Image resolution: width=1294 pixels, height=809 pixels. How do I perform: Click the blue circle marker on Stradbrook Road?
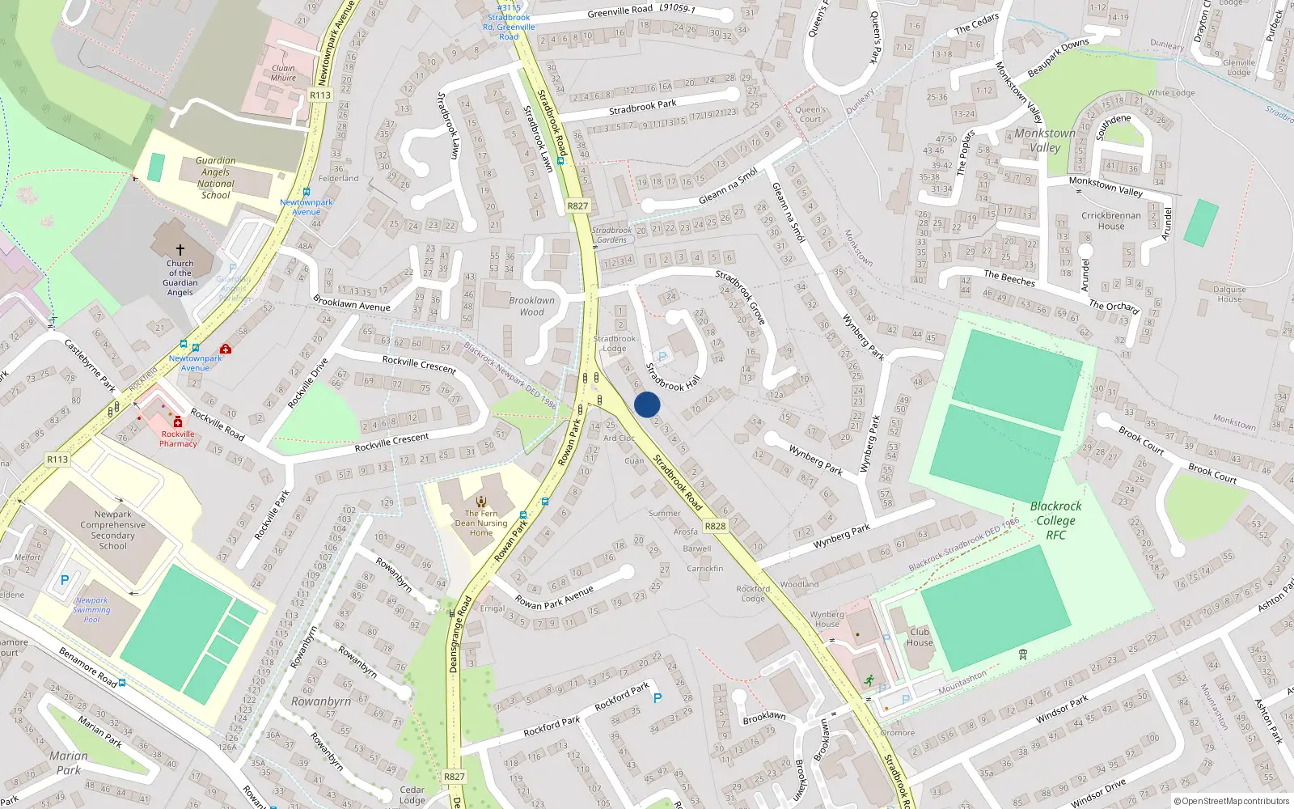[647, 404]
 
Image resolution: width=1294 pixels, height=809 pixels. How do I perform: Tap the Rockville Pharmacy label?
[178, 438]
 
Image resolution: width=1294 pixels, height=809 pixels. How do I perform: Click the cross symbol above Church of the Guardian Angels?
[180, 250]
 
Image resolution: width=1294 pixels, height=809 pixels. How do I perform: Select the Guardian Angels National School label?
[216, 178]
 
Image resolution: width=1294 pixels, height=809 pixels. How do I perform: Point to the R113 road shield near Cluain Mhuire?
[320, 95]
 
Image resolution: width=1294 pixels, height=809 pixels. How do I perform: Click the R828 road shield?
[715, 526]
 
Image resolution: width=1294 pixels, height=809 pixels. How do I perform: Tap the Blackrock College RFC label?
[1055, 520]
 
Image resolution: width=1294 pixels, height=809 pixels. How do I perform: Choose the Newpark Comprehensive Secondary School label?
[113, 530]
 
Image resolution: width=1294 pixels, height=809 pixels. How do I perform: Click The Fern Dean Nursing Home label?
[481, 523]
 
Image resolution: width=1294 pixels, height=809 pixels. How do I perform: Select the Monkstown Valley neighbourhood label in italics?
[1045, 140]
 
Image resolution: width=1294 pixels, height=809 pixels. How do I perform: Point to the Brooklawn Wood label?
[531, 306]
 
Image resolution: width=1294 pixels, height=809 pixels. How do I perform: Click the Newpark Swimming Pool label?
[91, 610]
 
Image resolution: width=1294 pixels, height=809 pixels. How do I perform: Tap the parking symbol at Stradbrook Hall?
[662, 357]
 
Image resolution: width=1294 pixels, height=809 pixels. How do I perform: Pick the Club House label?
[920, 637]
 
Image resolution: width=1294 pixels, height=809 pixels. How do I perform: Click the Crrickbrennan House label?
[1111, 221]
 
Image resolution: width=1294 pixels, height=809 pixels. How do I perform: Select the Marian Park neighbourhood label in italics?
[69, 763]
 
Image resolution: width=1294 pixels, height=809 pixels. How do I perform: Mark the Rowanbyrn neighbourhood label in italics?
[321, 701]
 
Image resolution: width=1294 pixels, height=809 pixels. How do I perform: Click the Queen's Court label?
[810, 114]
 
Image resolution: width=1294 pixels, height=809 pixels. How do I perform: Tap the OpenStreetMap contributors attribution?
[1232, 801]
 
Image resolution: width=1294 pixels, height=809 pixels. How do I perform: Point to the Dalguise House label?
[1229, 294]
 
